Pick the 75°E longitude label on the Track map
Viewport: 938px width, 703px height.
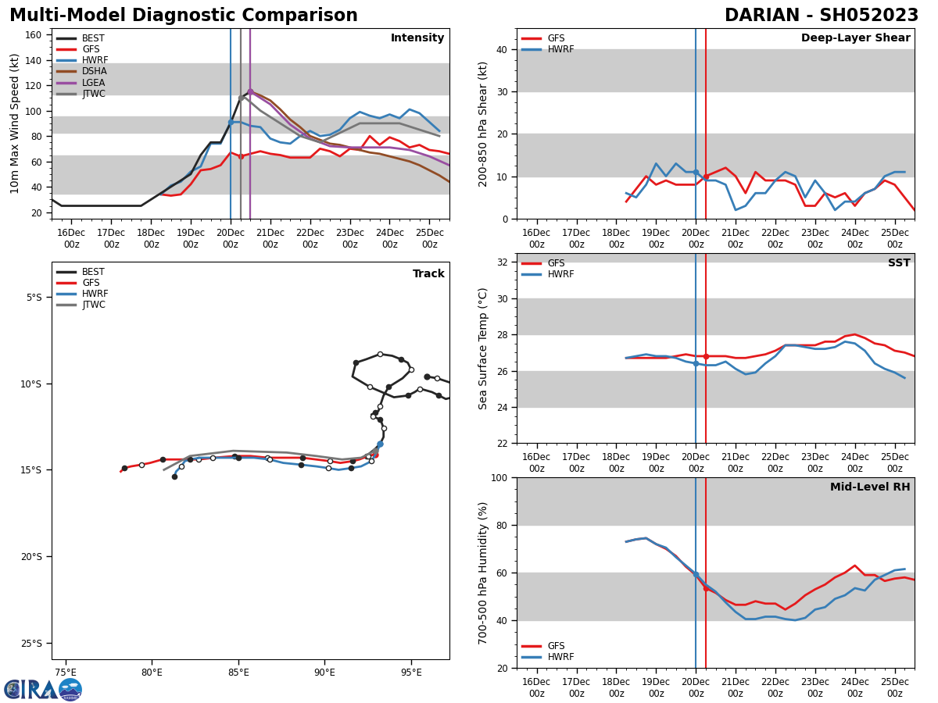[65, 673]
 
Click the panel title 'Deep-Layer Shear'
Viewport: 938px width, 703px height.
[855, 38]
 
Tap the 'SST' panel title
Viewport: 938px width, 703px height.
[898, 263]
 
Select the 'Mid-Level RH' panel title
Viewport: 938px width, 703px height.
[869, 487]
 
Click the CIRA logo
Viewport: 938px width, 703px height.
[42, 689]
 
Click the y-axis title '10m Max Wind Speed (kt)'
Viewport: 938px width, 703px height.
[15, 123]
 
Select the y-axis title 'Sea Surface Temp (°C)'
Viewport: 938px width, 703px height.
[483, 348]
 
